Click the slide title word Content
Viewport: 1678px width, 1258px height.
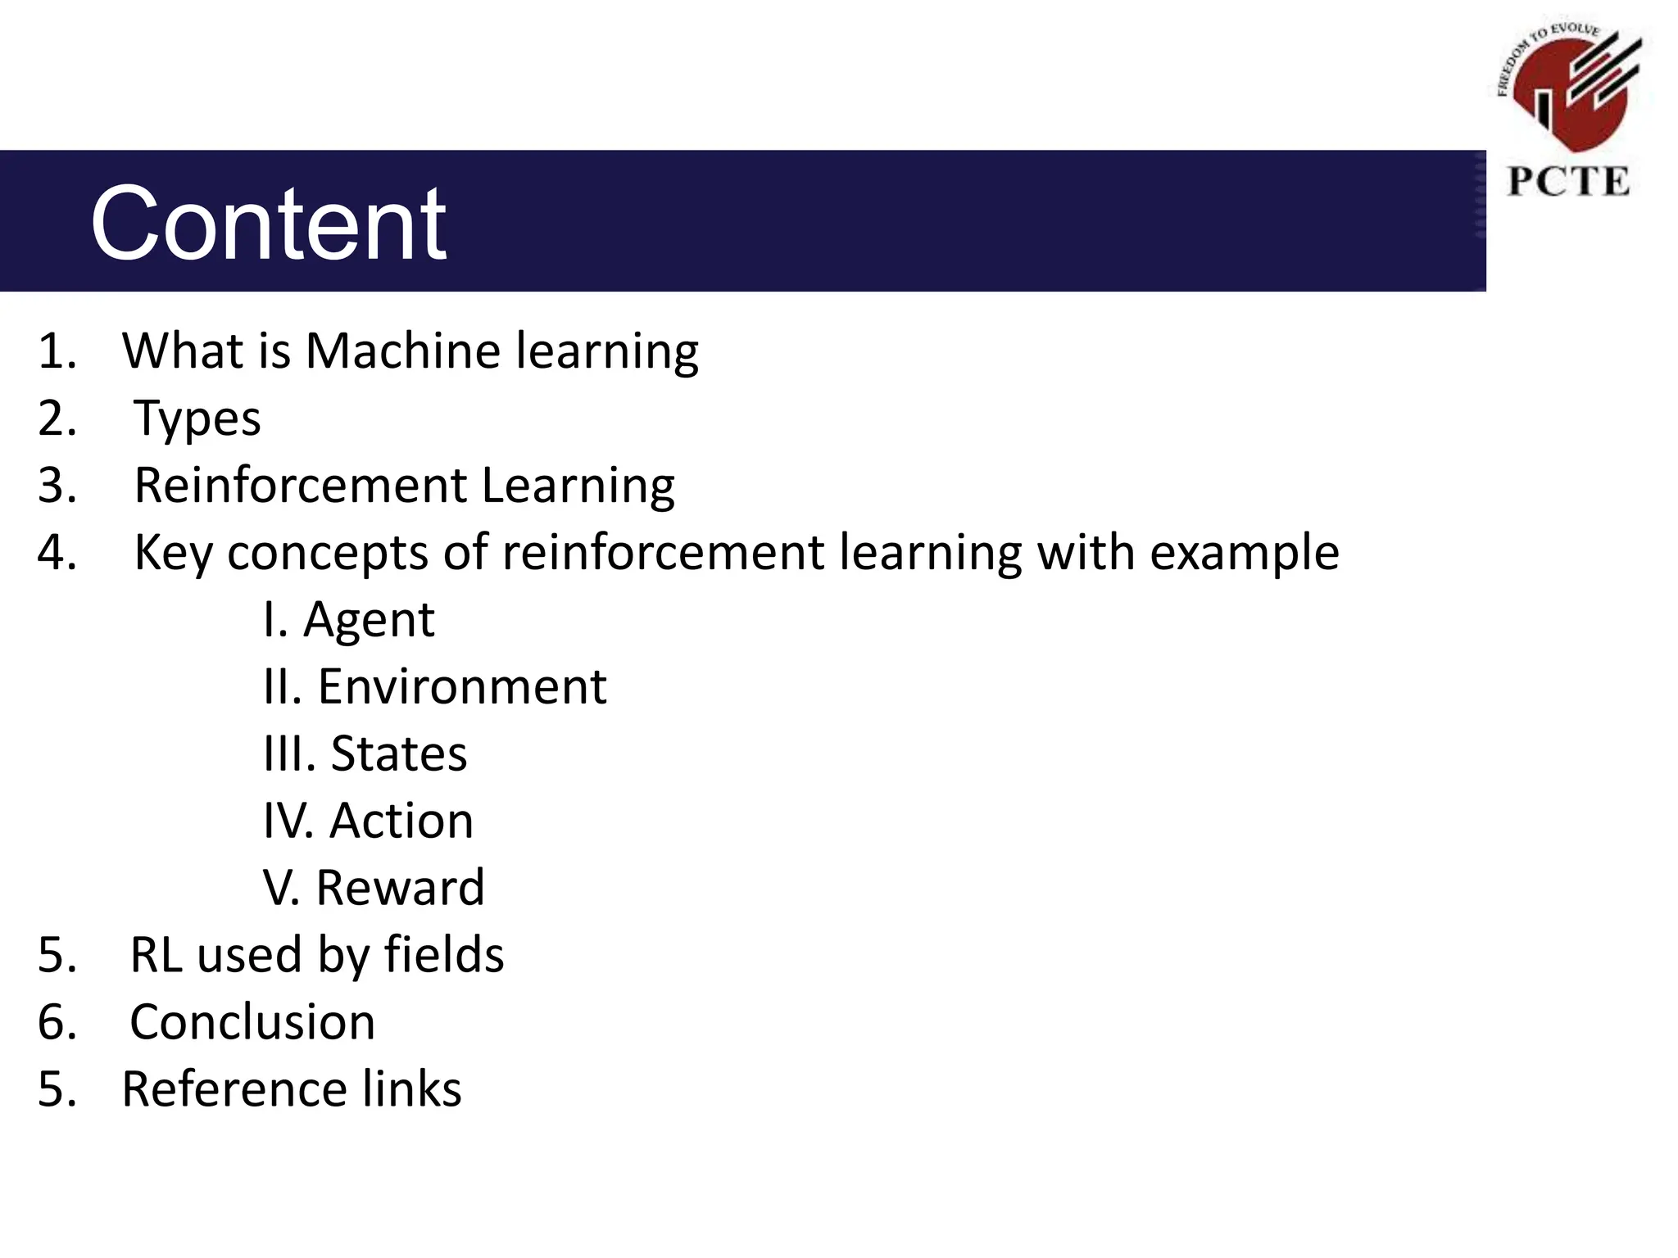[x=269, y=224]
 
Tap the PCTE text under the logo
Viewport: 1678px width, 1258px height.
[x=1568, y=182]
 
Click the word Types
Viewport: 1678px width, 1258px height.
[x=197, y=419]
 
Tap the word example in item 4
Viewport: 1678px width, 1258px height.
[x=1244, y=553]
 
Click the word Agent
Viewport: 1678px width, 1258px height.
[x=369, y=620]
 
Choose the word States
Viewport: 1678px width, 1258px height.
[x=398, y=753]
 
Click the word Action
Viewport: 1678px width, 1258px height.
[x=401, y=821]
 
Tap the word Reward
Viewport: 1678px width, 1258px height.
[x=401, y=888]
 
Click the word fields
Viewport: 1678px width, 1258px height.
[x=444, y=955]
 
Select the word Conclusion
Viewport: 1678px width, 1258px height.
[x=252, y=1022]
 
